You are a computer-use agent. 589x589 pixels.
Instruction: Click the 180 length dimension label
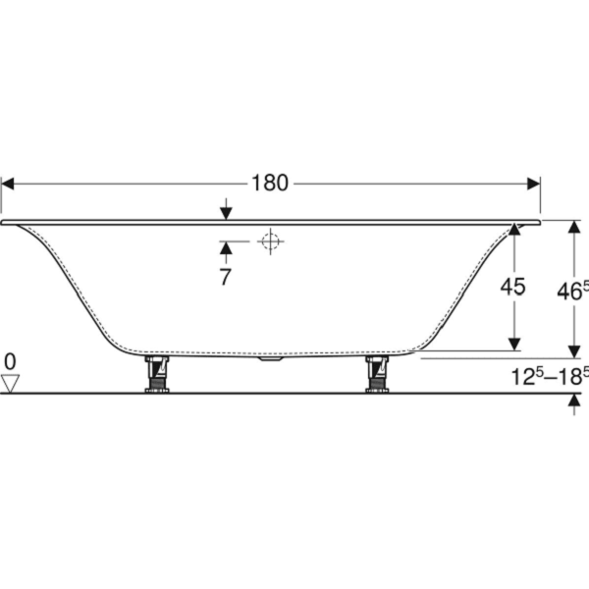pyautogui.click(x=270, y=184)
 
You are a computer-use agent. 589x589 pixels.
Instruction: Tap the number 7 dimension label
pyautogui.click(x=225, y=277)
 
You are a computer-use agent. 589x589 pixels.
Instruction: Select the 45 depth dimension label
pyautogui.click(x=512, y=287)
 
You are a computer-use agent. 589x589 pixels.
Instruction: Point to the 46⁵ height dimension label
pyautogui.click(x=572, y=291)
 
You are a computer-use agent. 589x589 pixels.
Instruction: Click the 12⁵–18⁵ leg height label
pyautogui.click(x=550, y=376)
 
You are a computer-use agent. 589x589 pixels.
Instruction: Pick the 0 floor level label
pyautogui.click(x=10, y=362)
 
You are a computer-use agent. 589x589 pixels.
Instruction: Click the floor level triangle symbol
pyautogui.click(x=10, y=384)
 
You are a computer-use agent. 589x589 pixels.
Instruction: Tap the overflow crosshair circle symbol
pyautogui.click(x=271, y=241)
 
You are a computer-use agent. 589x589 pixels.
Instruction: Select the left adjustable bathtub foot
pyautogui.click(x=157, y=374)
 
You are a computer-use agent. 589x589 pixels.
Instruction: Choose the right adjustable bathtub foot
pyautogui.click(x=378, y=374)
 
